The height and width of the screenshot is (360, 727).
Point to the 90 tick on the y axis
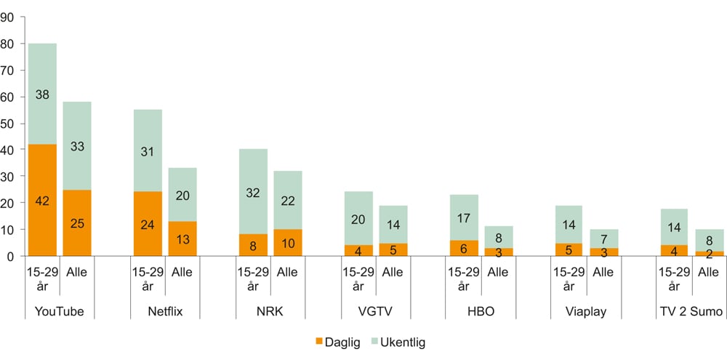(8, 17)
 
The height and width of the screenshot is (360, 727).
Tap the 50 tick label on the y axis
(8, 123)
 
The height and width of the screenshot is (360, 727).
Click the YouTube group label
(60, 313)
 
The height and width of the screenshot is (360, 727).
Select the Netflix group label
(165, 313)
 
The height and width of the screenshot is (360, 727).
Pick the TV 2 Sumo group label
(691, 313)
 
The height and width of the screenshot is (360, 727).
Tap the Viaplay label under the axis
(585, 313)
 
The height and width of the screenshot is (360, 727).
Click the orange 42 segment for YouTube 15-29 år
(42, 200)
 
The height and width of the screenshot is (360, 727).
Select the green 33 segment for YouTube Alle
(77, 145)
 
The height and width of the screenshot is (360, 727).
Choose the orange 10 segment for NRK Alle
(287, 242)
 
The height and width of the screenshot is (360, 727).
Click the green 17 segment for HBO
(463, 217)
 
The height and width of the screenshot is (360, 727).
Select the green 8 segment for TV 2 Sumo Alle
(708, 240)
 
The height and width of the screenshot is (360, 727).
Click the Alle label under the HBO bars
(498, 273)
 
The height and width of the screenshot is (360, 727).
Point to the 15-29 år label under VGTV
(358, 279)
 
